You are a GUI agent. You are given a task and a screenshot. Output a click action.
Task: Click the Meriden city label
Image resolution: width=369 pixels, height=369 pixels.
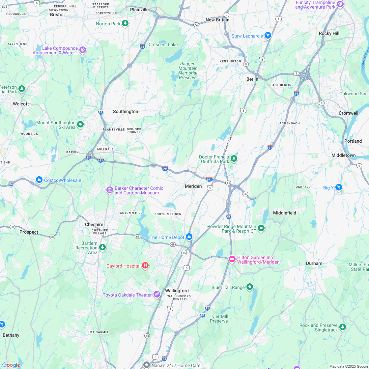click(193, 186)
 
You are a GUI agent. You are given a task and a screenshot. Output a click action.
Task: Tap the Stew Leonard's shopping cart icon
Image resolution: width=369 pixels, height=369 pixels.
click(268, 35)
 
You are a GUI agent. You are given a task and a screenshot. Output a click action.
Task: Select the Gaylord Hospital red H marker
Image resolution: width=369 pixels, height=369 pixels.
click(145, 266)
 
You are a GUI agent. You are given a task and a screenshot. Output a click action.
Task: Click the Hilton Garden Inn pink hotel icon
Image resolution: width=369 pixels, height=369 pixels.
click(232, 259)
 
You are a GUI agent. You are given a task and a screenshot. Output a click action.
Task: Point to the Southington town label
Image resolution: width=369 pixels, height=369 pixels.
click(126, 111)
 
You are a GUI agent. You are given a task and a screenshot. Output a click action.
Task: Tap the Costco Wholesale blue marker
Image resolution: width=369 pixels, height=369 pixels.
click(39, 180)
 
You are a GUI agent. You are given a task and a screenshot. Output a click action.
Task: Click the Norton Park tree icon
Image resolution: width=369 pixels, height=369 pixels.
click(125, 23)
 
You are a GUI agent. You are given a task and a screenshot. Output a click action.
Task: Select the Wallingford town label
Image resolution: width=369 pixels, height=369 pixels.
click(177, 291)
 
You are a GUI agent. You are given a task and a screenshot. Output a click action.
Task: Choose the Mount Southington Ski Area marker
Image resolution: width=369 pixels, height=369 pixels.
click(80, 125)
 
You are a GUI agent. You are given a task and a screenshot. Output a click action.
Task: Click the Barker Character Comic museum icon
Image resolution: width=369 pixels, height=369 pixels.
click(109, 190)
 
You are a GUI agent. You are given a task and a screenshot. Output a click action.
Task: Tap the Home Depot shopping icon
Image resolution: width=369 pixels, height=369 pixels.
click(189, 237)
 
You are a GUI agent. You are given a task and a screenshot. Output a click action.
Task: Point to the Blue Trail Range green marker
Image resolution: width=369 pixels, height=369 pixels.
click(250, 287)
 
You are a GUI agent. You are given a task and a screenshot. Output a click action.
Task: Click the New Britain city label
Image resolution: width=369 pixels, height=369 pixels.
click(217, 20)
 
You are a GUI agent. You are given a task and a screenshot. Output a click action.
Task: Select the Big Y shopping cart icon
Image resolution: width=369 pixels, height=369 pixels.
click(338, 187)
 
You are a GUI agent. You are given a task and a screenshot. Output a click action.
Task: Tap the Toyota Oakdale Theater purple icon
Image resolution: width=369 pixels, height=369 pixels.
click(157, 294)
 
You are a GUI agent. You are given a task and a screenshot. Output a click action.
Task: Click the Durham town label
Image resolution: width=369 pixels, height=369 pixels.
click(314, 263)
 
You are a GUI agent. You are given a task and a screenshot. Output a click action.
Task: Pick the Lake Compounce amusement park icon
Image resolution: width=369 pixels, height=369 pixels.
click(82, 50)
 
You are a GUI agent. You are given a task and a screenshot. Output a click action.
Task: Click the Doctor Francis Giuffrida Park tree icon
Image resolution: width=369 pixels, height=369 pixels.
click(234, 159)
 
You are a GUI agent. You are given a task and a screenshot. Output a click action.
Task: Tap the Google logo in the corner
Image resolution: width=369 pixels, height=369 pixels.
click(11, 365)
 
